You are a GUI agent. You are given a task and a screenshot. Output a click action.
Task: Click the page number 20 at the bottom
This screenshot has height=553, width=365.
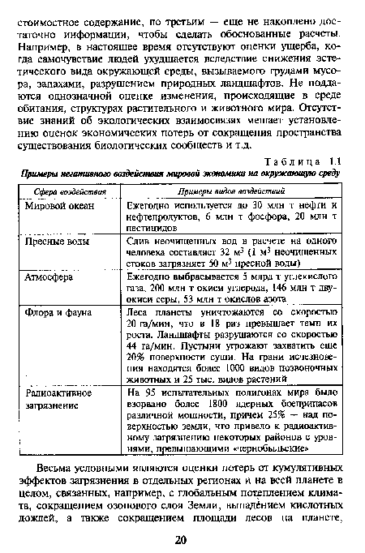click(182, 539)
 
